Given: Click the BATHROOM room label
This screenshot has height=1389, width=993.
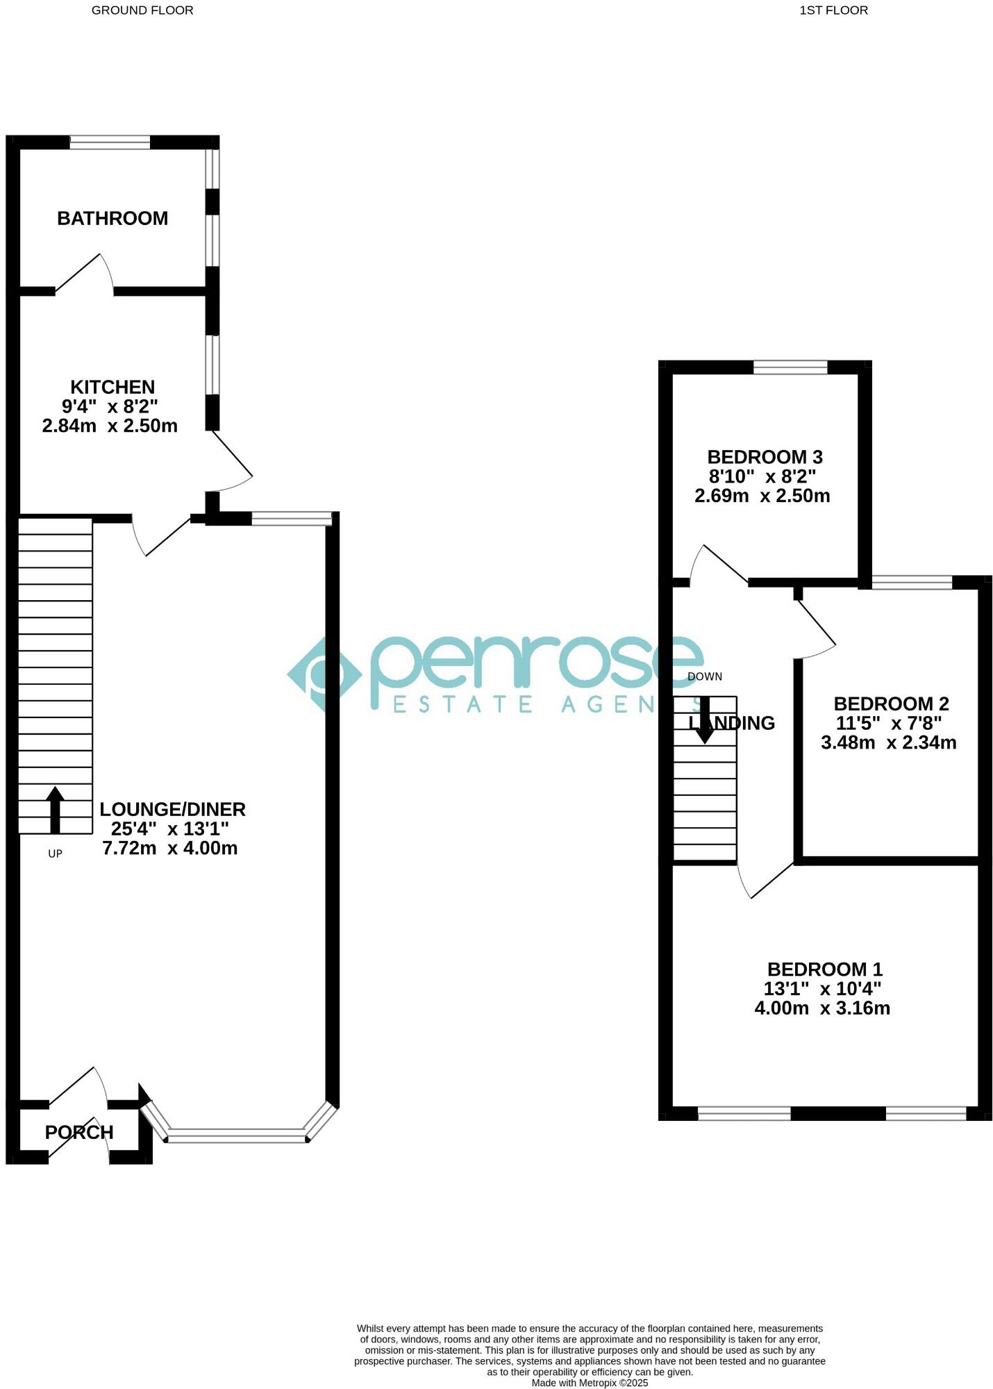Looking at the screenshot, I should [112, 218].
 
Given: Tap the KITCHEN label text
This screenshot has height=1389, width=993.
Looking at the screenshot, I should [112, 387].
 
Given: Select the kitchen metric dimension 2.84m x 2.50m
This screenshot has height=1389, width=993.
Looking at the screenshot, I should [110, 426].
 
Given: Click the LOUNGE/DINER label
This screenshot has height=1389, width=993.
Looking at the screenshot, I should [172, 809].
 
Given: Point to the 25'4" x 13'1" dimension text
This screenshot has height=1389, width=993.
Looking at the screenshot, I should [169, 829].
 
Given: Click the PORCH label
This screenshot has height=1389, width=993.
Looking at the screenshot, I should [79, 1132].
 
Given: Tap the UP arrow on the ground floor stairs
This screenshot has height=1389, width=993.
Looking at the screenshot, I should [55, 809].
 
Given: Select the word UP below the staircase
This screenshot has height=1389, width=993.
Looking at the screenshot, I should [55, 854].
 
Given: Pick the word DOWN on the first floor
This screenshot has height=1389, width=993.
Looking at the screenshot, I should [704, 676].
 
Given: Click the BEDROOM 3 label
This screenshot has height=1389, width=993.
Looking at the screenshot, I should [765, 457].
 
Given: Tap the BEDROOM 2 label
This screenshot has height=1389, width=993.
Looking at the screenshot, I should [891, 704].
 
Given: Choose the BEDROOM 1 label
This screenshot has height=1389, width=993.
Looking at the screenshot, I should [824, 969].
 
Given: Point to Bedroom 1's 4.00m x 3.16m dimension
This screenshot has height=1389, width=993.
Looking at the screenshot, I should [822, 1008].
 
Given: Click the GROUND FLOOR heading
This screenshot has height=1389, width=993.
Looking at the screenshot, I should [142, 10].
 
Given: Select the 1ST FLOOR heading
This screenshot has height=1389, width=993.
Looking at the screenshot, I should [833, 10].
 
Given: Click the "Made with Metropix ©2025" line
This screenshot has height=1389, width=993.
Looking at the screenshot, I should [590, 1383].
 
